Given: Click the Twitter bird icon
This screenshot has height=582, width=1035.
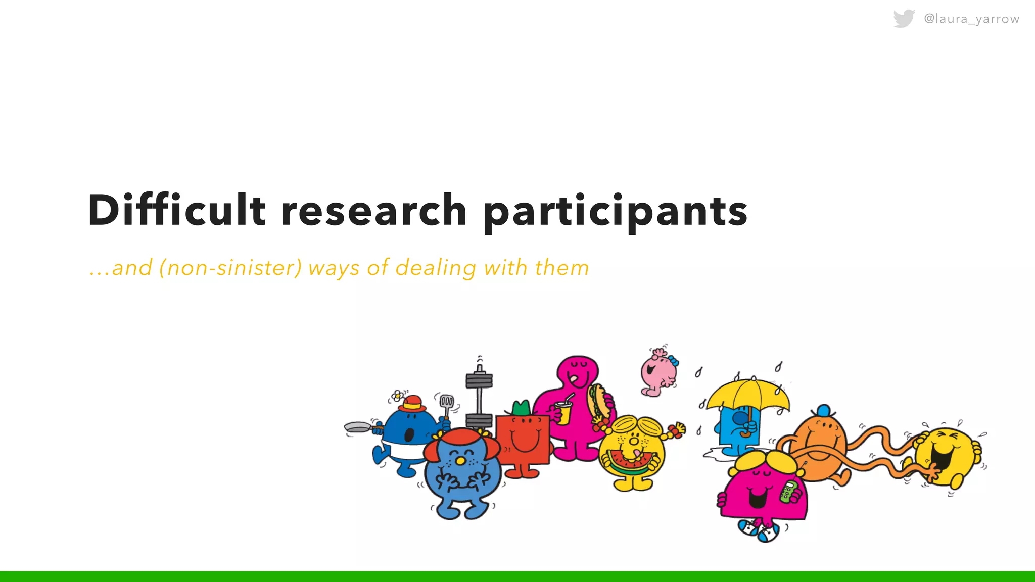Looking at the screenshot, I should tap(904, 19).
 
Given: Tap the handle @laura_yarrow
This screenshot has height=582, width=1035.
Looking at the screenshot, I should tap(971, 19).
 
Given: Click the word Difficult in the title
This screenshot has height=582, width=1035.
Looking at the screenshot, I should tap(176, 210).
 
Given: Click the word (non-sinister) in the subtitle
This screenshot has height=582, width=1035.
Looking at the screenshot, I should tap(230, 268).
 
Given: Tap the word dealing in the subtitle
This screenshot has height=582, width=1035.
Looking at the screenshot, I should tap(436, 268).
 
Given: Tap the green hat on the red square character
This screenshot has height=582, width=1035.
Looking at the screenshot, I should tap(521, 408).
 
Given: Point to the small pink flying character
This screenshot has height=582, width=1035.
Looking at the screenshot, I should tap(658, 372).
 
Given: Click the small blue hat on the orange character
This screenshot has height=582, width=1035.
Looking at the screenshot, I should tap(823, 410).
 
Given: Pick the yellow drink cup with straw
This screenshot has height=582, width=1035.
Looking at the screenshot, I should tap(563, 412).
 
